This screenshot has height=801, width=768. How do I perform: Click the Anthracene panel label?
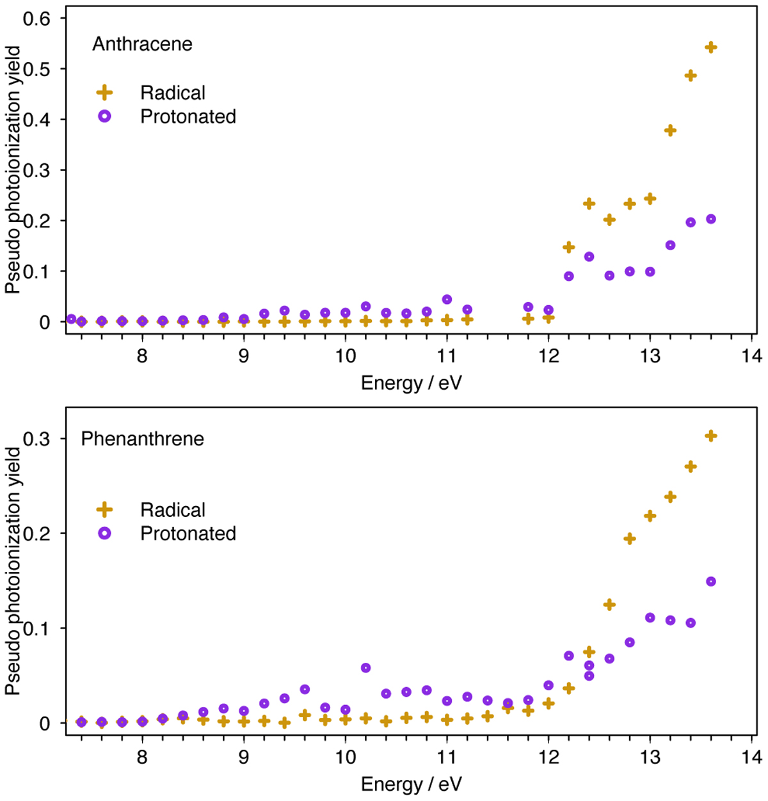coord(142,44)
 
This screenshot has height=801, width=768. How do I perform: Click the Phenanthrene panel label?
coord(142,439)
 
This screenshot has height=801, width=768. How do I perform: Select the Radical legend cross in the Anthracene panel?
coord(104,93)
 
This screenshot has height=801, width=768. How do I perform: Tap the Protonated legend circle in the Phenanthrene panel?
coord(104,533)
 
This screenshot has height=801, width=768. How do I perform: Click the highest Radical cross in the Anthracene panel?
coord(710,47)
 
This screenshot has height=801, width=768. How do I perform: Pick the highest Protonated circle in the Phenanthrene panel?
coord(710,582)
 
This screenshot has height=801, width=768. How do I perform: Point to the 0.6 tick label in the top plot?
coord(36,19)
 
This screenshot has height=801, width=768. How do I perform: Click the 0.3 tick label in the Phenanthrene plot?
coord(36,439)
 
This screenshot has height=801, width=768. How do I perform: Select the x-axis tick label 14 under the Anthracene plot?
coord(751,356)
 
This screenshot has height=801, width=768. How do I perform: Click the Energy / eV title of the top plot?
coord(411,383)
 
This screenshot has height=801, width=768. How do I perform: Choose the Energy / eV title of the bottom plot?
coord(411,784)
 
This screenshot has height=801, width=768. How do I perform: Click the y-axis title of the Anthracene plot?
coord(13,170)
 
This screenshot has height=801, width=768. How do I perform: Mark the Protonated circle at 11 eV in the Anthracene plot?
coord(447,299)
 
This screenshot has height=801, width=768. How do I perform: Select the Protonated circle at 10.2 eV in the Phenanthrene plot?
coord(365,668)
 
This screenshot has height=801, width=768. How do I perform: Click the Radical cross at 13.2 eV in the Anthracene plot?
coord(670,131)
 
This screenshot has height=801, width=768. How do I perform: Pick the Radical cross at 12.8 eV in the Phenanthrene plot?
coord(629,539)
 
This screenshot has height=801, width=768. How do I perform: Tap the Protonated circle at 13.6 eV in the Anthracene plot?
coord(710,219)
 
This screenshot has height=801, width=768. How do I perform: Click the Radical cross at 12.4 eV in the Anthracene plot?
coord(589,204)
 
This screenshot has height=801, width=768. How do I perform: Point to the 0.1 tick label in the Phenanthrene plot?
coord(36,628)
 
